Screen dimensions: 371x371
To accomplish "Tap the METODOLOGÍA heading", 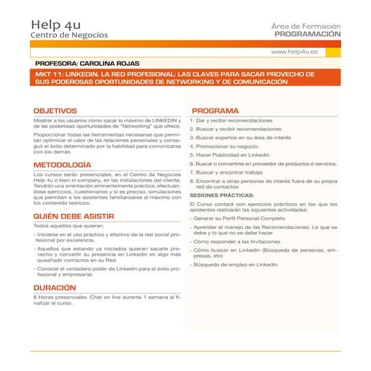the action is [x=62, y=165].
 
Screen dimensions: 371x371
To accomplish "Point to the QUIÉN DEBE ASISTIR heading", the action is [x=73, y=217].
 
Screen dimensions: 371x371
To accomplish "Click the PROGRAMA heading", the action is [x=215, y=110].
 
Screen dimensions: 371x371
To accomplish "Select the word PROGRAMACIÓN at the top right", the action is [x=307, y=33].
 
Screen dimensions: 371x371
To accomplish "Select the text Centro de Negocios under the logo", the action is [x=69, y=35].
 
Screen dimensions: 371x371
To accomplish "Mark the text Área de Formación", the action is [x=306, y=25].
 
